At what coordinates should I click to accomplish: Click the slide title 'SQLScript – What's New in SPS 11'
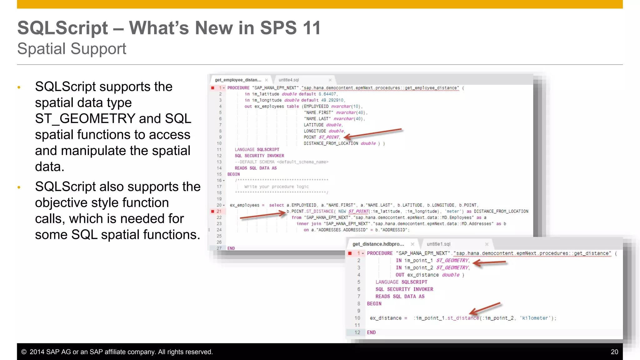pos(169,28)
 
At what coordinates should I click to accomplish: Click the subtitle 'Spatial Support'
pos(72,49)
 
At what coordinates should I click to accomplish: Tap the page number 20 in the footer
pos(614,352)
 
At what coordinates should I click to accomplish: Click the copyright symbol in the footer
pos(24,352)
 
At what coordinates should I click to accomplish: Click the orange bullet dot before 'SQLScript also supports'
pos(19,187)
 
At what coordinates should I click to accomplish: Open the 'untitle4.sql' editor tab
pos(289,80)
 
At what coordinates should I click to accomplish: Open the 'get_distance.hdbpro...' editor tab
pos(378,244)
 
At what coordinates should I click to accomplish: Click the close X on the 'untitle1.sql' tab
pos(487,244)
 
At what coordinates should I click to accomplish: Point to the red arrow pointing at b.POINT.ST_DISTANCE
pos(262,215)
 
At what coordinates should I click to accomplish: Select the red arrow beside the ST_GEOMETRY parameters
pos(489,263)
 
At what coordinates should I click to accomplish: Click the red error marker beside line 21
pos(213,212)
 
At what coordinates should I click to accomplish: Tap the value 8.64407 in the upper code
pos(327,94)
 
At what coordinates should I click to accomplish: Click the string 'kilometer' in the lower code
pos(535,318)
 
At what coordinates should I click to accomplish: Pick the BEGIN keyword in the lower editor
pos(374,304)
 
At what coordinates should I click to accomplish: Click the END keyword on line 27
pos(231,248)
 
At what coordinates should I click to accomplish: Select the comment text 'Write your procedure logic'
pos(277,187)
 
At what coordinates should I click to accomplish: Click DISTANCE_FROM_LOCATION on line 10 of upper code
pos(331,143)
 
